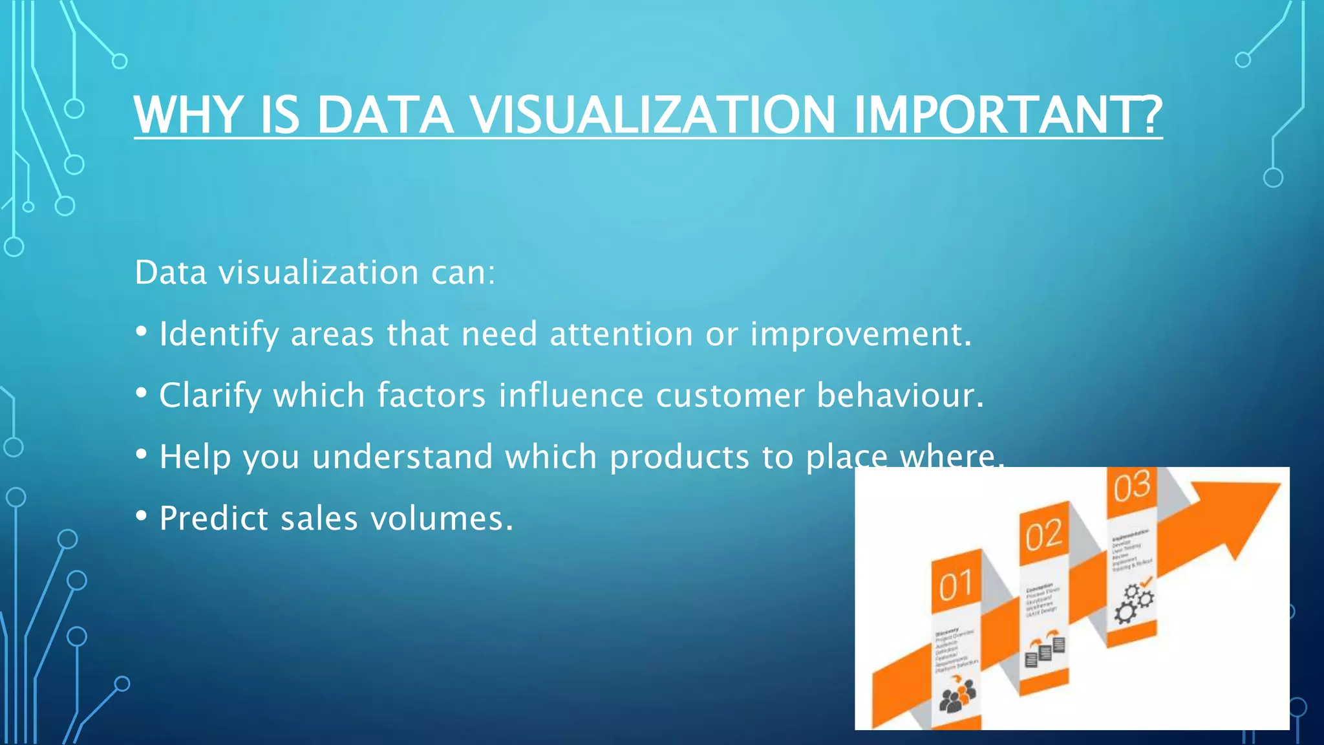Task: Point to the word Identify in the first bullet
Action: coord(219,335)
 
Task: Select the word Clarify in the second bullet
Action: coord(210,396)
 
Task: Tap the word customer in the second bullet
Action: coord(730,396)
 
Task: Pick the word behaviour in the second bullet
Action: coord(895,396)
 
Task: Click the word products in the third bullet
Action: coord(679,458)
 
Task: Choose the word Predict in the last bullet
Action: coord(213,519)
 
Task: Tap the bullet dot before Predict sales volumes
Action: coord(141,517)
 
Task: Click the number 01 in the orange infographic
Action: coord(956,586)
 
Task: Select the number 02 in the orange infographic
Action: coord(1043,535)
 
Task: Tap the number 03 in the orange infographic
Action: coord(1131,488)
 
